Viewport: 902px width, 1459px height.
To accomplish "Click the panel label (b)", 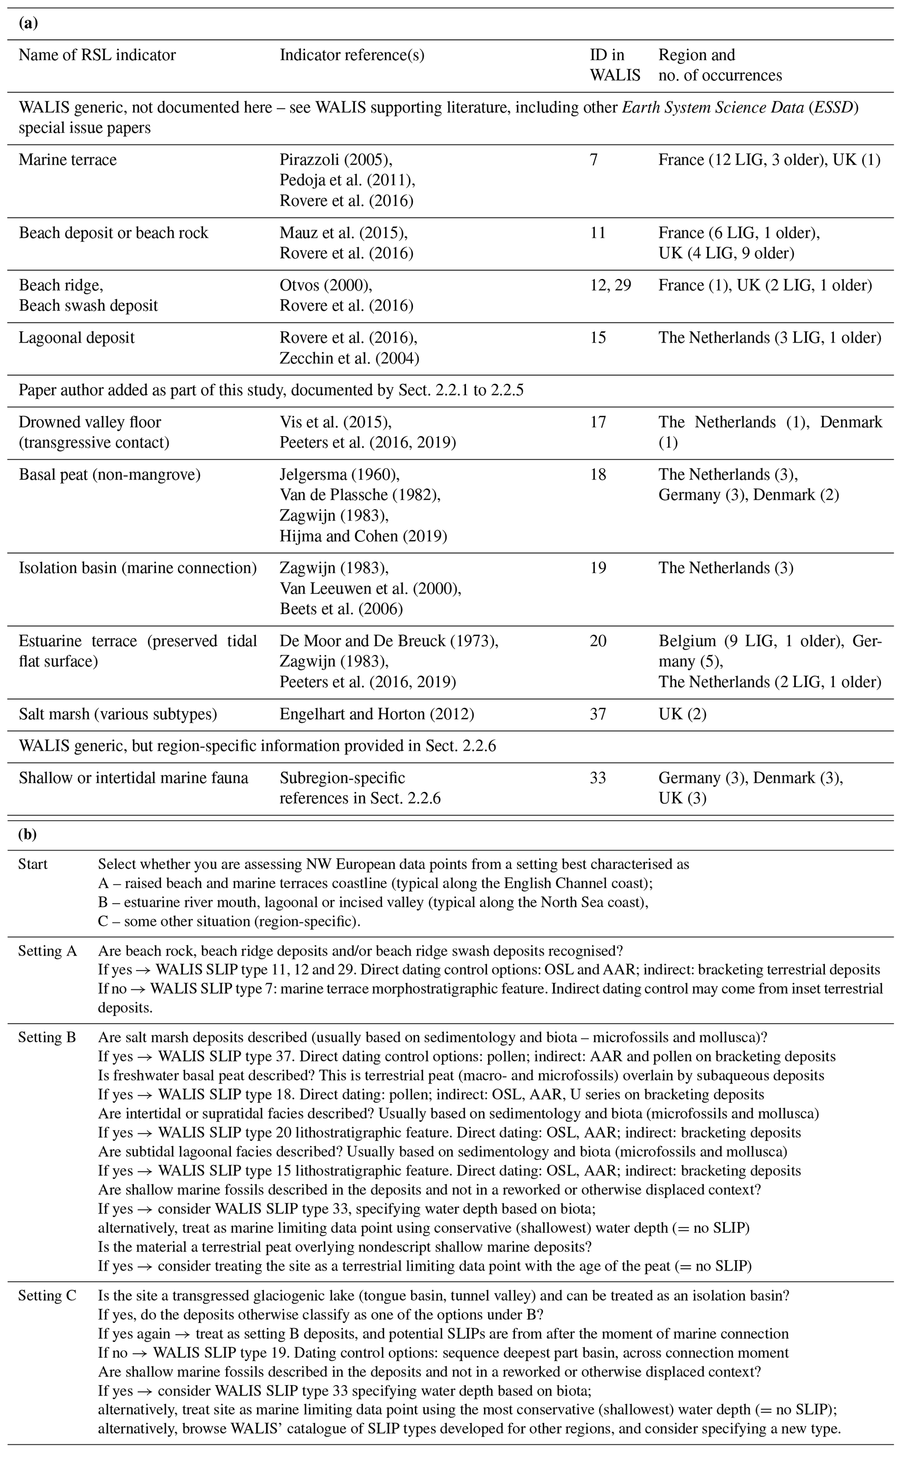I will click(28, 834).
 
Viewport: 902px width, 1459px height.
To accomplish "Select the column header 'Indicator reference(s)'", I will click(352, 55).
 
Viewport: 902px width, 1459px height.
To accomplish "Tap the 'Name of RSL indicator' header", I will click(97, 55).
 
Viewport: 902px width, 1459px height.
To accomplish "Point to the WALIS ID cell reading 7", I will click(593, 160).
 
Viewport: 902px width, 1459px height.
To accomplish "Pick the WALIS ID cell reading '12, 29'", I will click(610, 285).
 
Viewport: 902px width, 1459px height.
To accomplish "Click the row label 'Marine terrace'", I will click(67, 160).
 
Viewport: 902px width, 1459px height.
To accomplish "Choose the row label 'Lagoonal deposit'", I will click(76, 338).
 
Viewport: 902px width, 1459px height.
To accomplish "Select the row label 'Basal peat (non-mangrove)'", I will click(109, 475).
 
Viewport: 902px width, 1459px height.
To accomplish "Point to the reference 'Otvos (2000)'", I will click(326, 285).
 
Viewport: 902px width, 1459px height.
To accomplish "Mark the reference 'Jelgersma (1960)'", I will click(340, 475).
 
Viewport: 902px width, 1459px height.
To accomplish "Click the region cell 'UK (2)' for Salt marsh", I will click(682, 714).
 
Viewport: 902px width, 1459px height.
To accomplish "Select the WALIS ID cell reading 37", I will click(598, 714).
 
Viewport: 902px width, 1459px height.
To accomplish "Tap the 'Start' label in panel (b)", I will click(33, 864).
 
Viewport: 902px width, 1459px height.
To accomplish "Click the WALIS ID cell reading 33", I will click(598, 778).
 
